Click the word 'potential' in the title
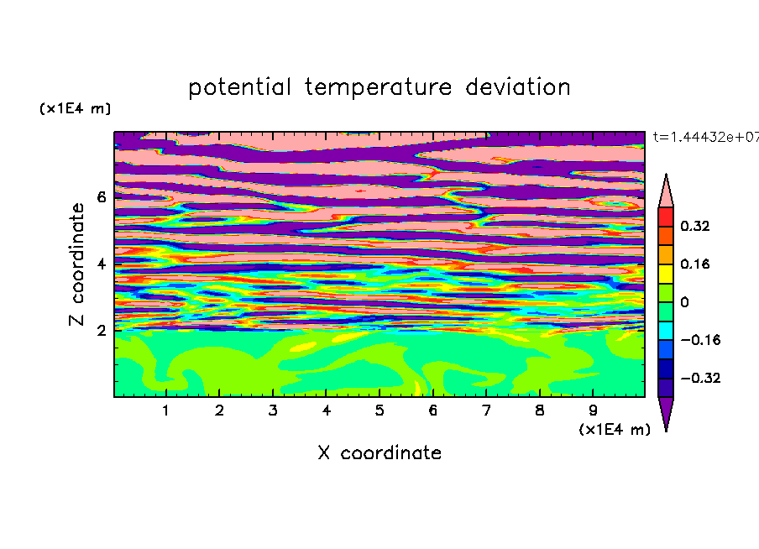coord(239,88)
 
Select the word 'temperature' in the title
coord(379,87)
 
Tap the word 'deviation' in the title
coord(518,86)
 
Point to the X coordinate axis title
coord(379,452)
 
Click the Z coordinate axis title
coord(77,264)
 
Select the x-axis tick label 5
coord(379,410)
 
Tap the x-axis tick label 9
coord(593,410)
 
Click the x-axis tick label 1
coord(166,410)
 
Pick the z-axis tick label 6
coord(101,197)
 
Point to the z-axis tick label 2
coord(101,330)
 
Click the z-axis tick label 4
coord(101,264)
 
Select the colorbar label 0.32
coord(694,226)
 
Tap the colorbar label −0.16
coord(700,340)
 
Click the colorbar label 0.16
coord(694,264)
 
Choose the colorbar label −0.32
coord(700,378)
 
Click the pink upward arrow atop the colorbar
coord(666,193)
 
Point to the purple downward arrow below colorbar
coord(666,411)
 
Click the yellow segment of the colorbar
coord(666,274)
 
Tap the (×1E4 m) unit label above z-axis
coord(75,108)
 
